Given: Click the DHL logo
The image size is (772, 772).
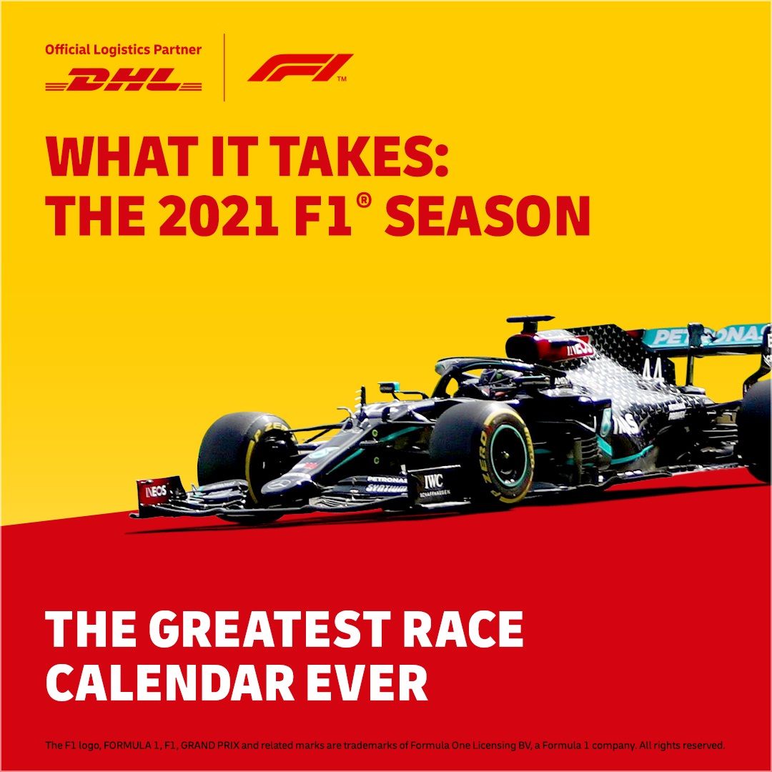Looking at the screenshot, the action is click(x=123, y=79).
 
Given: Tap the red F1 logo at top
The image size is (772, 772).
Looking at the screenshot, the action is click(x=300, y=67).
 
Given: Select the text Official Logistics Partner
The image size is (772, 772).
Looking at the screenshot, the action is click(x=123, y=50).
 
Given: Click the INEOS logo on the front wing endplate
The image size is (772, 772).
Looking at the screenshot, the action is click(x=156, y=490).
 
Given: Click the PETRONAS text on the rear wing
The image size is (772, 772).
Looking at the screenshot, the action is click(x=709, y=336).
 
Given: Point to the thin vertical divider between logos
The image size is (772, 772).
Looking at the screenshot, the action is click(x=224, y=67).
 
